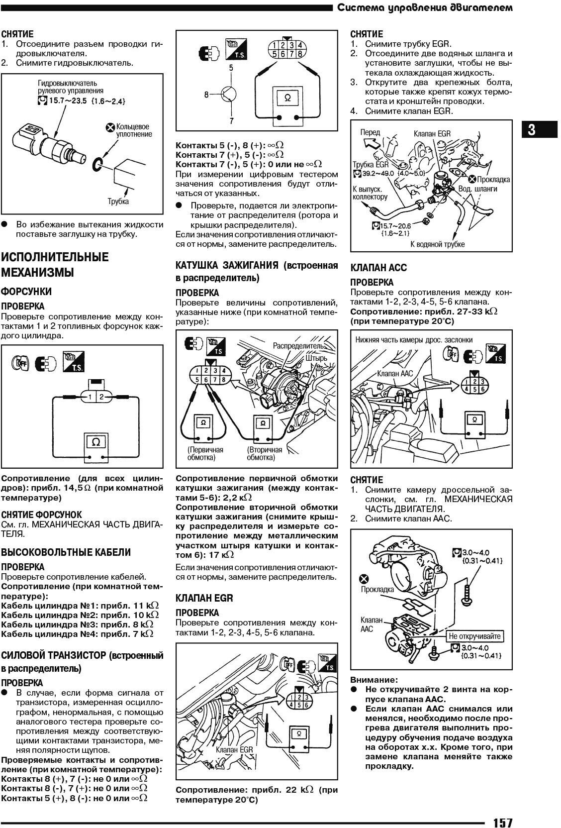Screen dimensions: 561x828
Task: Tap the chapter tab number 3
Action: (532, 130)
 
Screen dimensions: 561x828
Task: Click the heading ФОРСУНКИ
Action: (26, 291)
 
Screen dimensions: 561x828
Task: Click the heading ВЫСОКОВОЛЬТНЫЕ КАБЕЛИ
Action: (66, 552)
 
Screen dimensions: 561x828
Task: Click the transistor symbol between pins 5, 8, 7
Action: (228, 94)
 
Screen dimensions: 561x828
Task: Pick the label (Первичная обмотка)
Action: (205, 453)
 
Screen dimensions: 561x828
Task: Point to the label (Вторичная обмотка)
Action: (264, 453)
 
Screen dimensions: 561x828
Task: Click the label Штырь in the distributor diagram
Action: (317, 358)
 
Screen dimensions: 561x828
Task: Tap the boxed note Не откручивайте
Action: (475, 636)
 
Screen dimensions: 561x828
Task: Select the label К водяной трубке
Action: (437, 244)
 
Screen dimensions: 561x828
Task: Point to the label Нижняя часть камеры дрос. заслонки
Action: (414, 340)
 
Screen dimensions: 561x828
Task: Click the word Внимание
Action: (367, 680)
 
